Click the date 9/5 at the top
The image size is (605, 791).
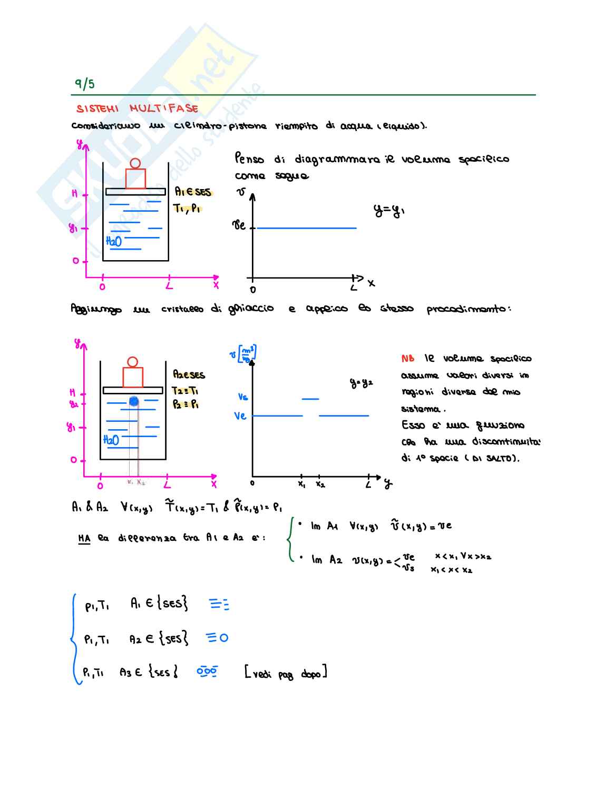(84, 84)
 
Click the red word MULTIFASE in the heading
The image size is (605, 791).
(164, 108)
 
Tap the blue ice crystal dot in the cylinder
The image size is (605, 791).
(134, 401)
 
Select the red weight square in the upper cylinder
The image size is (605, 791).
(135, 179)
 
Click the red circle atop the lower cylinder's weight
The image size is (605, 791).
(133, 362)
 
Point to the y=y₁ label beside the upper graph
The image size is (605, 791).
(389, 211)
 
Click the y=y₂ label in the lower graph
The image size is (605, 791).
(361, 383)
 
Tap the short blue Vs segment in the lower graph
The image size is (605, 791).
(310, 399)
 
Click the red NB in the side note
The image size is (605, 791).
(407, 359)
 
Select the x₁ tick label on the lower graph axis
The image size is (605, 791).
(301, 485)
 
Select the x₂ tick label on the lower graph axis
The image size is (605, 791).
(320, 485)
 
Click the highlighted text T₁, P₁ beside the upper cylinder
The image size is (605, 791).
(187, 209)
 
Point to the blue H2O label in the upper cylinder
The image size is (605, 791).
(114, 241)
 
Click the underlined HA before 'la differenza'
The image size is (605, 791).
(84, 538)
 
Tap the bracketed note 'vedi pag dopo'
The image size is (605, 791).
(286, 673)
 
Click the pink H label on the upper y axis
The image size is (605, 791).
(74, 194)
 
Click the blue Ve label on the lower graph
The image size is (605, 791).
(240, 416)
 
